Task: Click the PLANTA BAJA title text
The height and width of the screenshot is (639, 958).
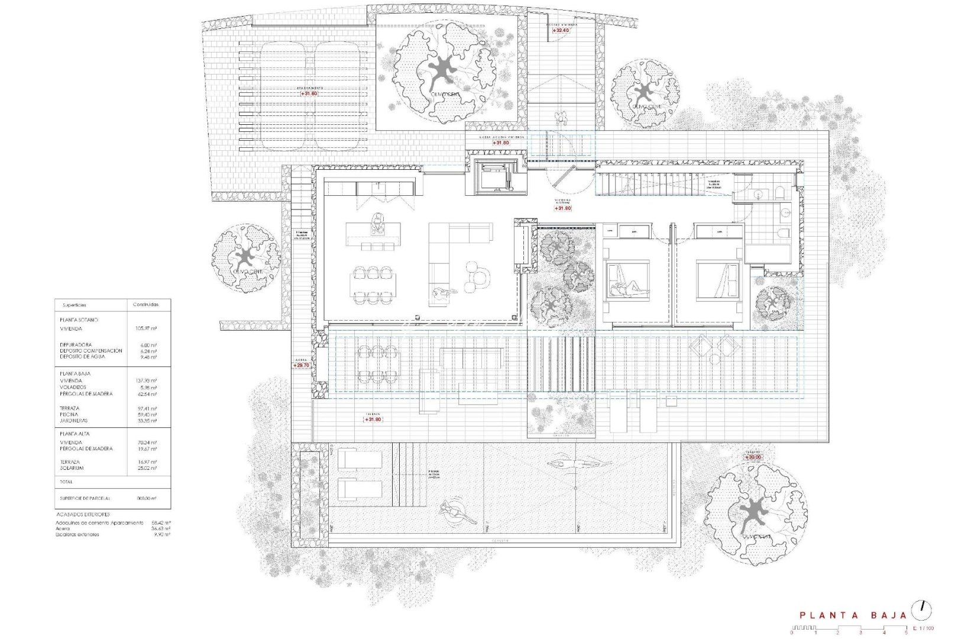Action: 853,615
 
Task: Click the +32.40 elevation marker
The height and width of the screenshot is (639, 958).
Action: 561,30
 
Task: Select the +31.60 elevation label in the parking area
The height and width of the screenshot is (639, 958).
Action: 309,93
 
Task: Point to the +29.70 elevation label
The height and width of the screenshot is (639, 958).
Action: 301,366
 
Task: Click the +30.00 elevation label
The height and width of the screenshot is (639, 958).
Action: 753,457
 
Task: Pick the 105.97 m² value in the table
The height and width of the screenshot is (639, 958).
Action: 145,329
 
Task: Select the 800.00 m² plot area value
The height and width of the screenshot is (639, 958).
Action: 146,499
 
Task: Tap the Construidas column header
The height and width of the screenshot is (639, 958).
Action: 145,305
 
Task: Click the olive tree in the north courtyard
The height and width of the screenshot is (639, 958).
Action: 444,71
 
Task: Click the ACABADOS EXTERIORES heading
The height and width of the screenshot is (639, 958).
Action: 83,515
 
